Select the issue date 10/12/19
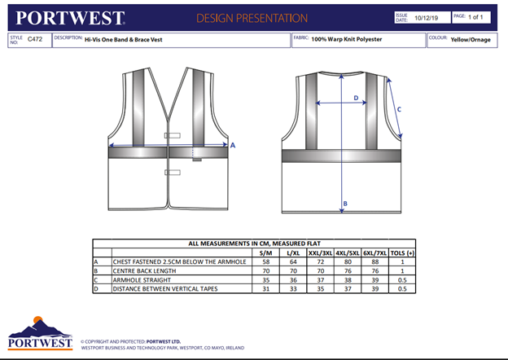(x=428, y=18)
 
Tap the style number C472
(x=35, y=38)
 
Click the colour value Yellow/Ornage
(x=471, y=39)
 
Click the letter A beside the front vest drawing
(x=233, y=145)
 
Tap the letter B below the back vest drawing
(x=345, y=204)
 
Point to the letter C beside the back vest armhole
(x=398, y=109)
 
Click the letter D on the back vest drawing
(x=356, y=99)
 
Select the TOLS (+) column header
(x=402, y=252)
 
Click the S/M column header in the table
(x=265, y=252)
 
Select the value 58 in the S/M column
(x=265, y=261)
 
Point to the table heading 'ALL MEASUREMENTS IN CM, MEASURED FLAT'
(x=253, y=244)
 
